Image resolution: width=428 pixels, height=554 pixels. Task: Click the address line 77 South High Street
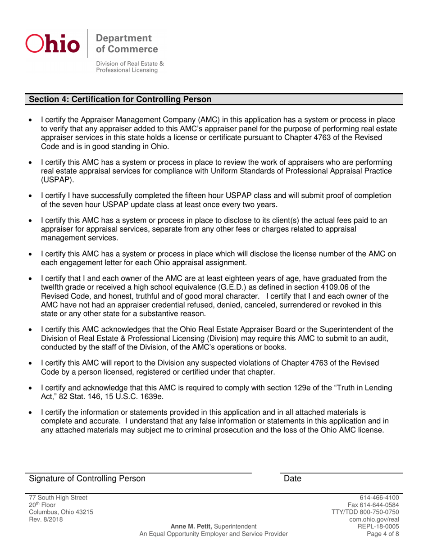coord(55,498)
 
